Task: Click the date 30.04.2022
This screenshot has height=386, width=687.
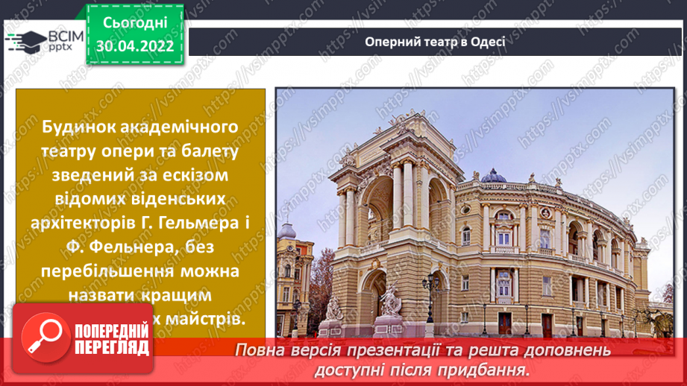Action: pyautogui.click(x=135, y=46)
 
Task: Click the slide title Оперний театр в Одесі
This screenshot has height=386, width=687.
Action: pyautogui.click(x=435, y=41)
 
